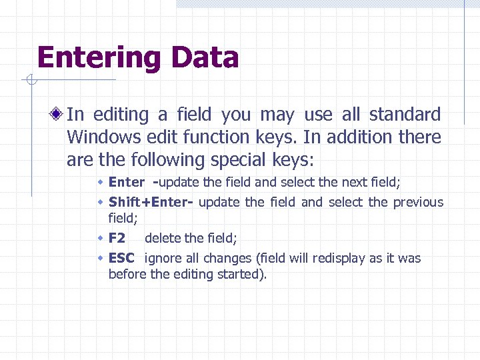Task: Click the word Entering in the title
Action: [97, 58]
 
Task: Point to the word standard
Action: [405, 115]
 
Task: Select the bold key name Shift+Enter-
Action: [151, 202]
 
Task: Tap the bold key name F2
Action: [117, 238]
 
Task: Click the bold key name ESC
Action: [121, 258]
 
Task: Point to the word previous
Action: [418, 202]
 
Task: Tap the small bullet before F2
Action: [100, 238]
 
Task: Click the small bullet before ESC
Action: [100, 258]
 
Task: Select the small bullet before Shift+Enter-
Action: [100, 202]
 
